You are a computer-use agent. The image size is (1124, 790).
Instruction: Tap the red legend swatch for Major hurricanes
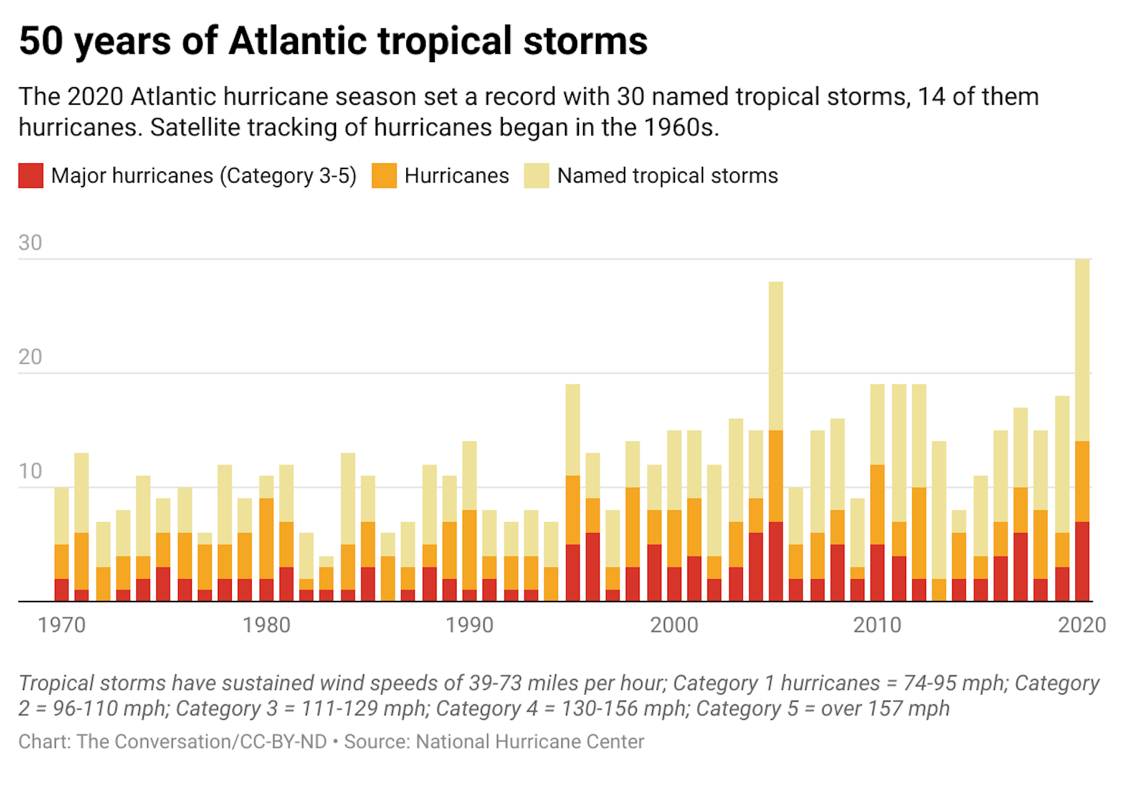pyautogui.click(x=30, y=176)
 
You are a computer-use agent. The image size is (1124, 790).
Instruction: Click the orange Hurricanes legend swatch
pyautogui.click(x=383, y=176)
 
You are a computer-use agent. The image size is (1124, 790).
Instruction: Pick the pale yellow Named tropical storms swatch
pyautogui.click(x=536, y=176)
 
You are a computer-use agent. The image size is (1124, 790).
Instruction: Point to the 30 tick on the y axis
pyautogui.click(x=30, y=243)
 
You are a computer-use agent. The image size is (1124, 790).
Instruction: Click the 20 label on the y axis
pyautogui.click(x=30, y=357)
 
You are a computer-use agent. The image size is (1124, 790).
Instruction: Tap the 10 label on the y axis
pyautogui.click(x=30, y=471)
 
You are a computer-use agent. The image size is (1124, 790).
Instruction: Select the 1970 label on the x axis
pyautogui.click(x=61, y=625)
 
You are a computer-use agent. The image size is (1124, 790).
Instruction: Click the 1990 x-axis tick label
pyautogui.click(x=470, y=625)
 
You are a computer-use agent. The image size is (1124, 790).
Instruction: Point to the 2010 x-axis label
pyautogui.click(x=877, y=625)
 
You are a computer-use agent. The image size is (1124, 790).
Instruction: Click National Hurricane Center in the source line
pyautogui.click(x=530, y=741)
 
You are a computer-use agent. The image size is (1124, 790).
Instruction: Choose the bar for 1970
pyautogui.click(x=61, y=544)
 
